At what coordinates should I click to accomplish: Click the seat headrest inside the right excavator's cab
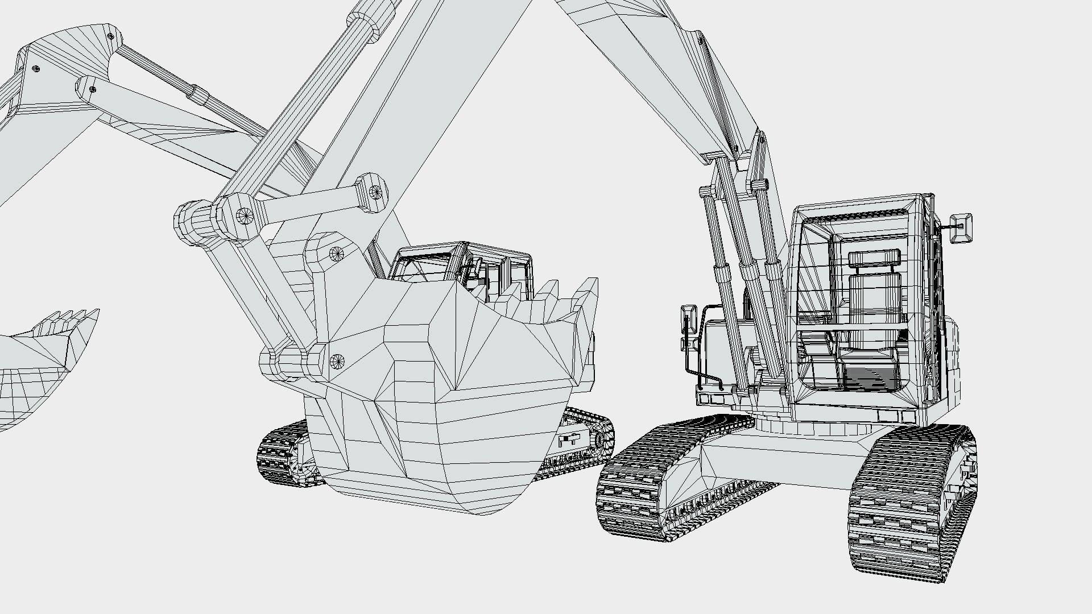point(874,258)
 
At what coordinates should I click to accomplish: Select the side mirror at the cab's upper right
point(961,227)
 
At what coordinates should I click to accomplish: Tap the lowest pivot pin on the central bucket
point(337,360)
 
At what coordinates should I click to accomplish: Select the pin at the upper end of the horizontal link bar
point(375,192)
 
